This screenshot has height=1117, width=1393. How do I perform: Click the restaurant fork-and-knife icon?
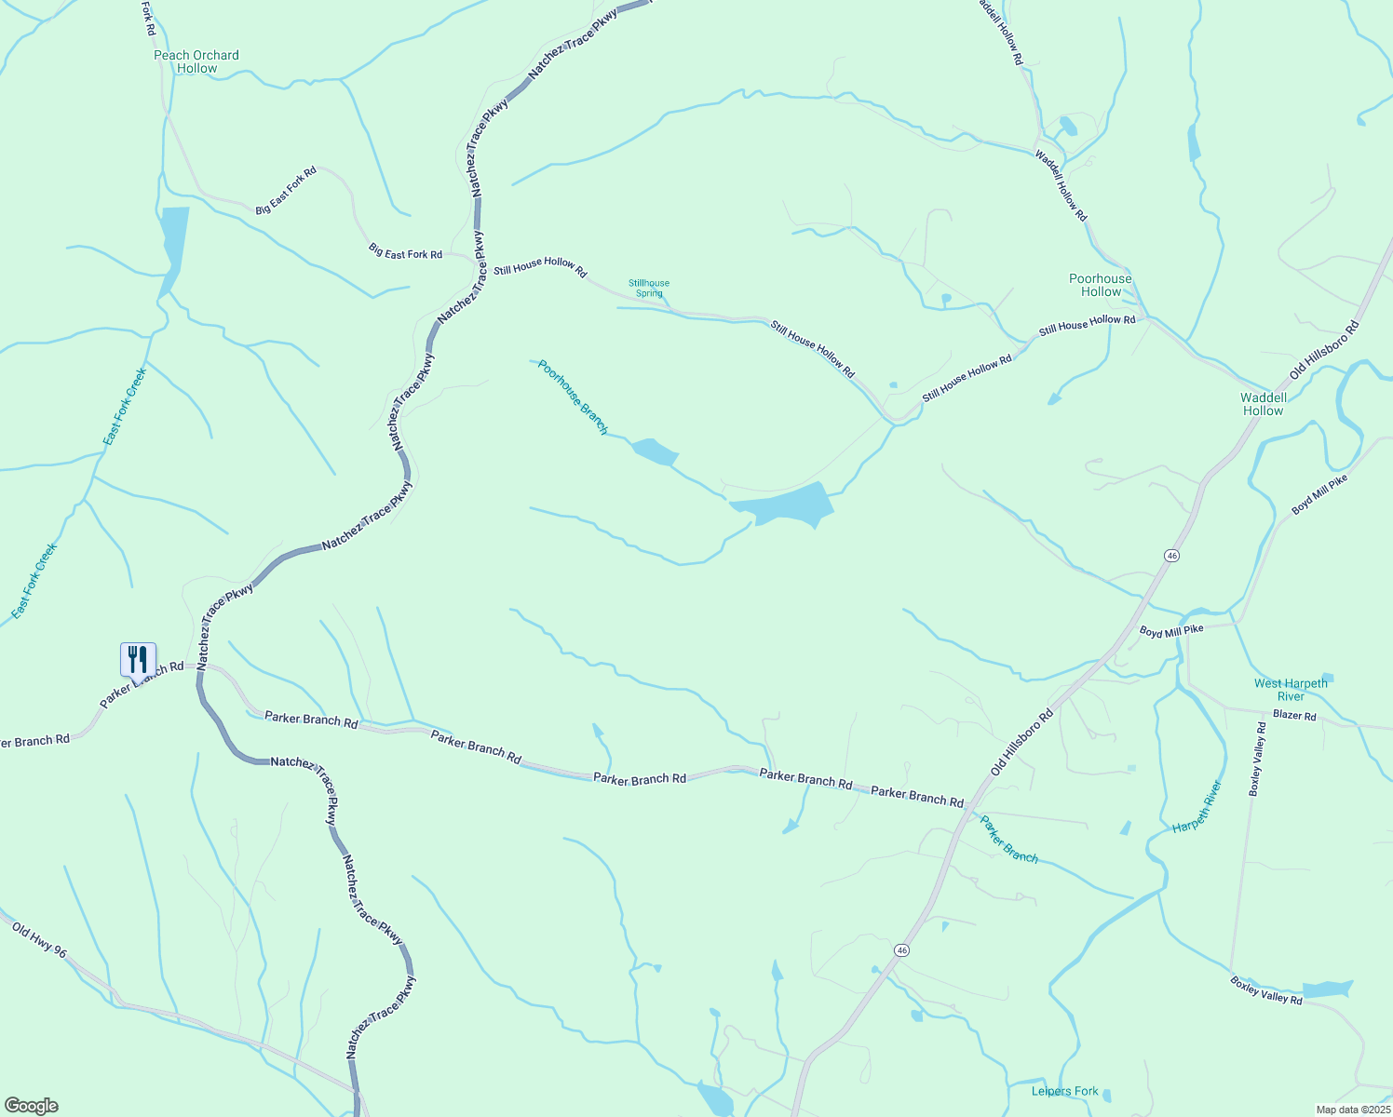coord(138,659)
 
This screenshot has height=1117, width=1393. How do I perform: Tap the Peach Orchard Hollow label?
coord(196,61)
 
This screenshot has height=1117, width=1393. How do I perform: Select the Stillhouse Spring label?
coord(649,288)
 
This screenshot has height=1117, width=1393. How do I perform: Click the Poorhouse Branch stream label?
coord(573,397)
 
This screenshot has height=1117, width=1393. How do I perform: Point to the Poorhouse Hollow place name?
coord(1101,285)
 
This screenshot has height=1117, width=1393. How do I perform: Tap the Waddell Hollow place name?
coord(1263,404)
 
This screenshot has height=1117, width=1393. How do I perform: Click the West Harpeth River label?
coord(1291,690)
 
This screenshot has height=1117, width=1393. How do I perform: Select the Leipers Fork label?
coord(1064,1091)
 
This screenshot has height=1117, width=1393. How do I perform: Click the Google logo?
coord(32,1106)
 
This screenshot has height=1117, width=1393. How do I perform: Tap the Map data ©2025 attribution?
coord(1352,1110)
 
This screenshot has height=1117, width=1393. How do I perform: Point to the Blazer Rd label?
coord(1294,716)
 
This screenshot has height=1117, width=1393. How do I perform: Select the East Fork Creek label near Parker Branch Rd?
coord(34,581)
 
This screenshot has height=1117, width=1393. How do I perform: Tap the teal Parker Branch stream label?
coord(1008,839)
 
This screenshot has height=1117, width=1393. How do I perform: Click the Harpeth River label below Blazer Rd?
coord(1197,806)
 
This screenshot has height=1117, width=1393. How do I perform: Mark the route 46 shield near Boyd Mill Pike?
coord(1171,555)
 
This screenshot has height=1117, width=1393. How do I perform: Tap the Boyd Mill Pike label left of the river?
coord(1171,631)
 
